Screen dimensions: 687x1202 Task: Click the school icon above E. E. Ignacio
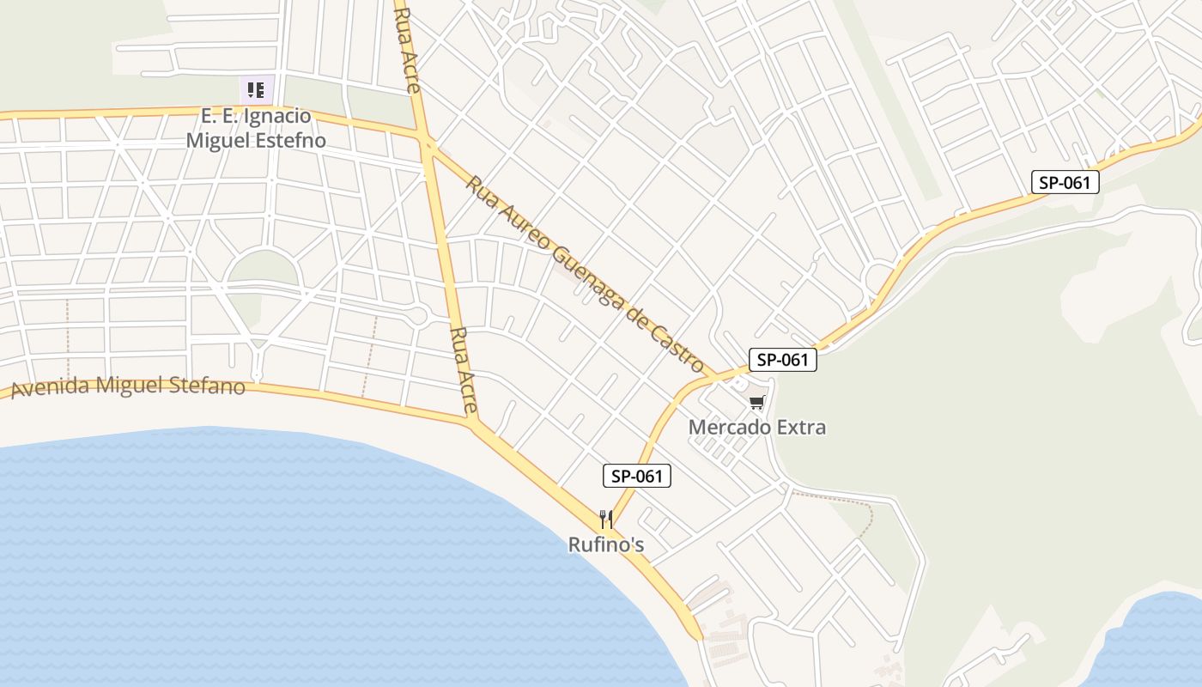[256, 89]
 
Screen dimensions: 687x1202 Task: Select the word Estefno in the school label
[290, 139]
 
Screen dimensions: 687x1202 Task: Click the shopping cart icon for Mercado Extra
[756, 403]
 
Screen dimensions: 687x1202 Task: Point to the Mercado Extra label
[756, 427]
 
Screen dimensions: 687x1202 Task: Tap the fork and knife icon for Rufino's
[606, 520]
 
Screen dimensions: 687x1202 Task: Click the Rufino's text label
[606, 544]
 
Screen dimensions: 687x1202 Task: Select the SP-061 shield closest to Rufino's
[636, 476]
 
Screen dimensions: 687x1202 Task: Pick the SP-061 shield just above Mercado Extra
[782, 360]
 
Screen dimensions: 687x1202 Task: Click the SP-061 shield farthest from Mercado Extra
[1065, 182]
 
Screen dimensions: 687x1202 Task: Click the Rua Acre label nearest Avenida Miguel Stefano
[463, 369]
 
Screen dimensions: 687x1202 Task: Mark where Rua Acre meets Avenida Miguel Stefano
[473, 422]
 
